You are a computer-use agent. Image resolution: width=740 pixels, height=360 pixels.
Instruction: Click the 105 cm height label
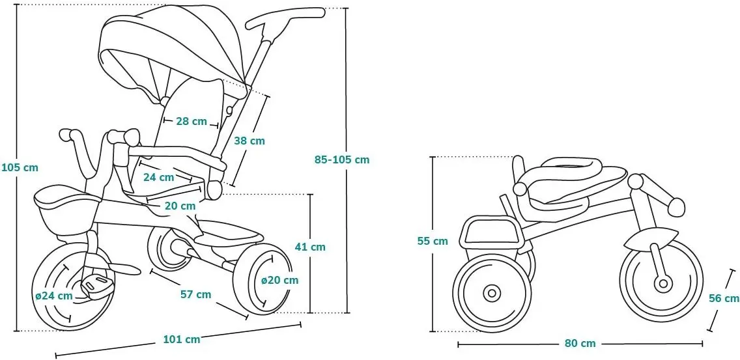[20, 167]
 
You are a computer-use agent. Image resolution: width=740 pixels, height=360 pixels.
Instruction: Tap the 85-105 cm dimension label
[341, 159]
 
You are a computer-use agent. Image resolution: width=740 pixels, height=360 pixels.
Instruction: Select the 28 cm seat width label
[191, 121]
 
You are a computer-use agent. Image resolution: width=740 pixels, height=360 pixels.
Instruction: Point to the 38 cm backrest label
[249, 140]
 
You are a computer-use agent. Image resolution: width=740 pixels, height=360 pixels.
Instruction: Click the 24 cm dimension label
[158, 177]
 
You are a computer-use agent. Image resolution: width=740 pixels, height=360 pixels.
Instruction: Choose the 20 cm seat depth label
[179, 206]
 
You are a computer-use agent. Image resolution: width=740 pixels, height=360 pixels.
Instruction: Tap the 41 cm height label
[309, 247]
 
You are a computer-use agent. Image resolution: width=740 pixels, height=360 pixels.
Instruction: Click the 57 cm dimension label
[195, 294]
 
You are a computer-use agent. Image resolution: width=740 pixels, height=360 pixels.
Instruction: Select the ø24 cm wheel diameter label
[54, 295]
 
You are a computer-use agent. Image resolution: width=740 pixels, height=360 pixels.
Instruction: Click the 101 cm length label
[181, 339]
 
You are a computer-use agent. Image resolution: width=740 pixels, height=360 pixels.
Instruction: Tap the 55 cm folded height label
[433, 241]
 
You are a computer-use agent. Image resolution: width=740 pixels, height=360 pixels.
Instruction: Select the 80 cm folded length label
[580, 344]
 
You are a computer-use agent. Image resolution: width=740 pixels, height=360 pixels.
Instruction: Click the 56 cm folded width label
[724, 298]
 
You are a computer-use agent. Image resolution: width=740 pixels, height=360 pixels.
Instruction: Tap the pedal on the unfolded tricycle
[96, 285]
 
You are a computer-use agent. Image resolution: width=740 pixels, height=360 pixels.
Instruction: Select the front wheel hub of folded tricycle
[663, 283]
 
